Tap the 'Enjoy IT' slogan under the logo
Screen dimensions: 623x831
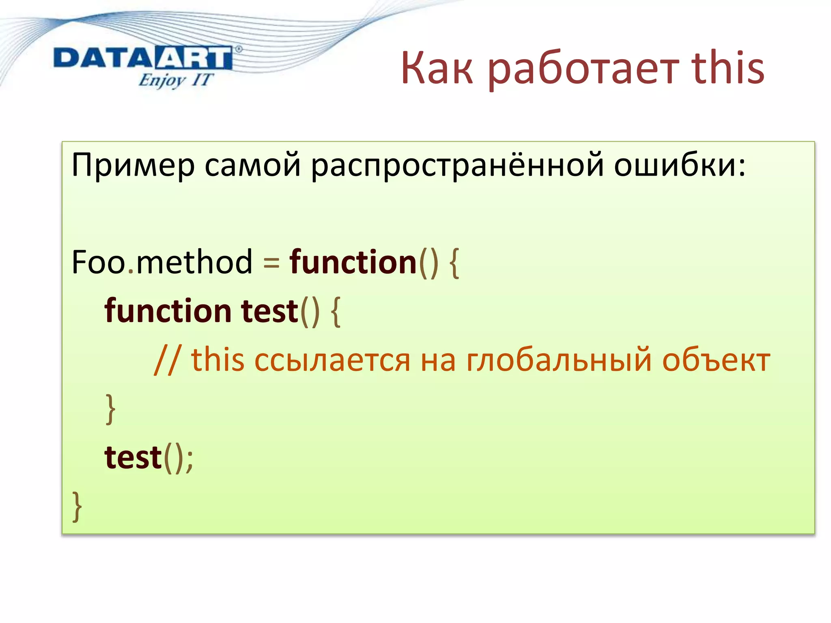[175, 80]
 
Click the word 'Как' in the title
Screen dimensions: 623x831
[437, 68]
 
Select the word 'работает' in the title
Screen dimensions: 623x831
[583, 69]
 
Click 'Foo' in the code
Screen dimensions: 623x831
[99, 262]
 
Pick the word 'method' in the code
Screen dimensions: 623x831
[194, 262]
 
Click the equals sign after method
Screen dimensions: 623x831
[271, 264]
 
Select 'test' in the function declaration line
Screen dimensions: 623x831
[269, 311]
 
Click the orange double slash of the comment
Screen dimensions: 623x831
[167, 360]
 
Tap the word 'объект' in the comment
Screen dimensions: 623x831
[716, 360]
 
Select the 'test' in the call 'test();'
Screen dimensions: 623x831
[133, 458]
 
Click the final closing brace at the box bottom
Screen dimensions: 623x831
[77, 506]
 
